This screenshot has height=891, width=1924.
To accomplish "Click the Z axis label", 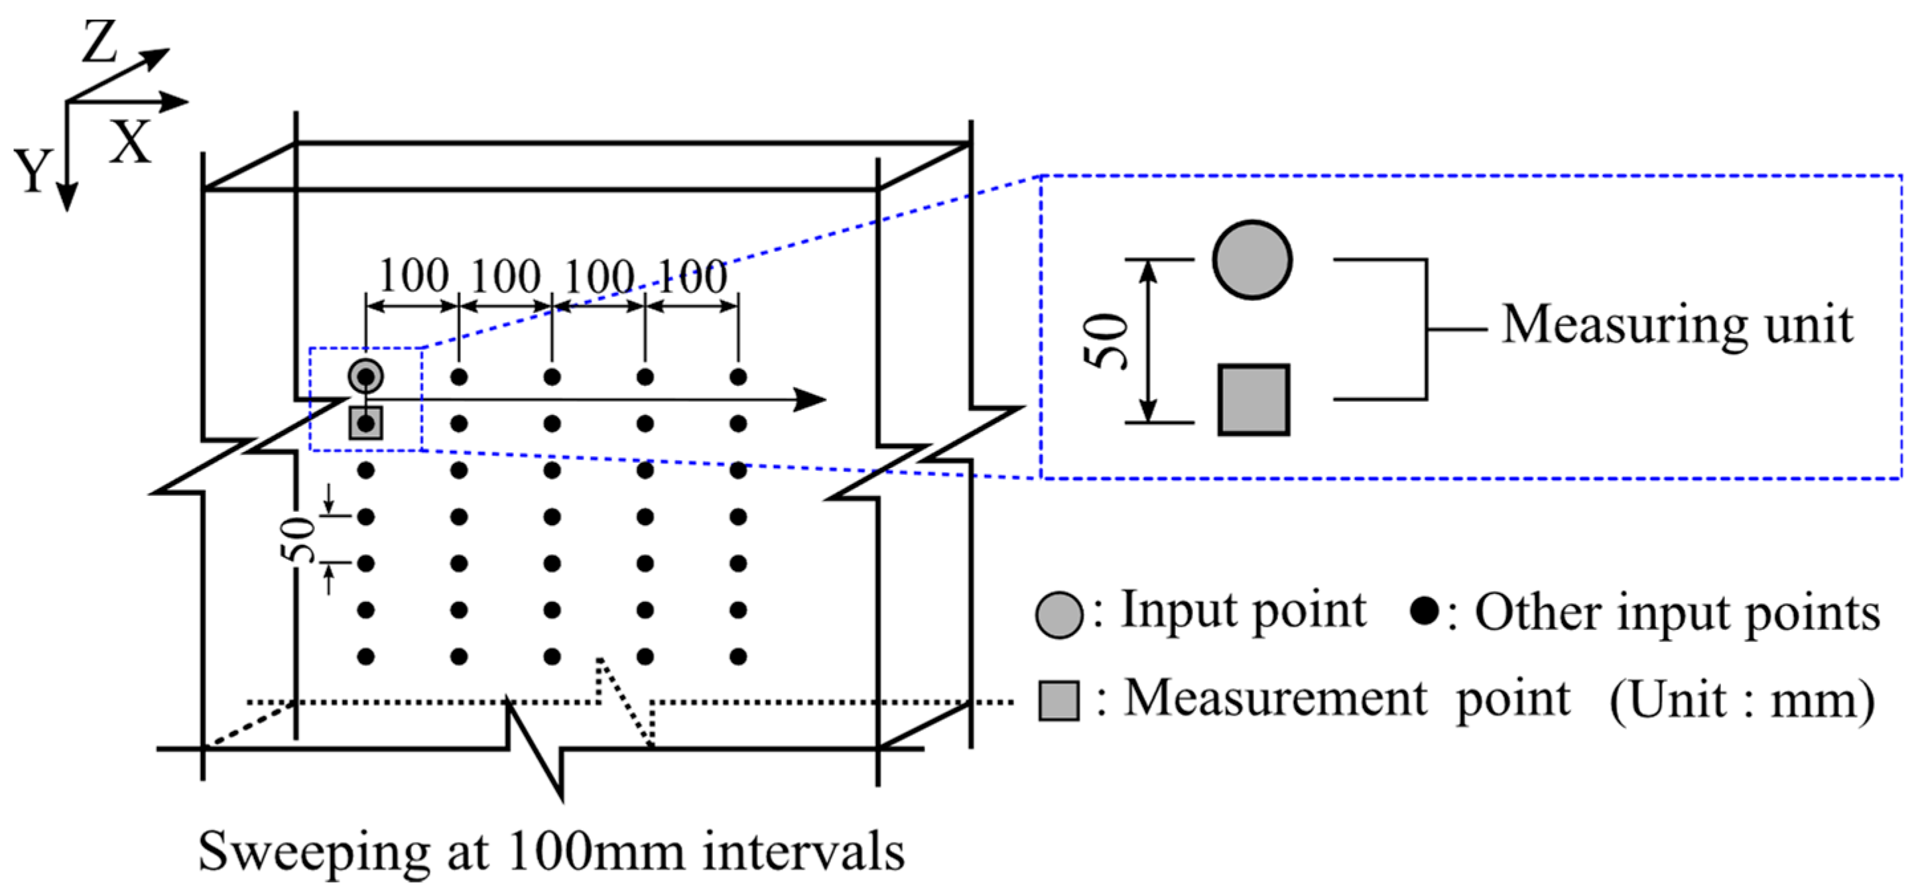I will (x=100, y=43).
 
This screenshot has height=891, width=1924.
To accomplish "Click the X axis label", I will (x=131, y=141).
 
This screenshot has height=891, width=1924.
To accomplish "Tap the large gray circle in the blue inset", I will (x=1251, y=260).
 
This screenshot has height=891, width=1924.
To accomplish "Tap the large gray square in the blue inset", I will (x=1253, y=400).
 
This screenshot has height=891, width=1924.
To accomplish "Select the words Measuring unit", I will (x=1677, y=326).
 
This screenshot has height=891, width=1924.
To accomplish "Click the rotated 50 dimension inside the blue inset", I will (x=1106, y=341).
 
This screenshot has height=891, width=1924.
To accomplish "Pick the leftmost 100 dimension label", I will (x=414, y=276).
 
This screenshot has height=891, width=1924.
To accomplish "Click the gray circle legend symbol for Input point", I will (x=1059, y=615).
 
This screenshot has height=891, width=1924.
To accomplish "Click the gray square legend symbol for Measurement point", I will (x=1058, y=701).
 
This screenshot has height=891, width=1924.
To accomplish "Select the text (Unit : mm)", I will (x=1742, y=701).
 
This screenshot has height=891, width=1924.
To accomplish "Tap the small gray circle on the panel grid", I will (x=365, y=377).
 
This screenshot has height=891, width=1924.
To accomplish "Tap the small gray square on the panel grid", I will (x=365, y=424).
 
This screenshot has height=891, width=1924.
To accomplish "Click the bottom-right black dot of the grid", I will (x=738, y=657).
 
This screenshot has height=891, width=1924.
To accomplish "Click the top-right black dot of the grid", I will (x=738, y=377).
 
